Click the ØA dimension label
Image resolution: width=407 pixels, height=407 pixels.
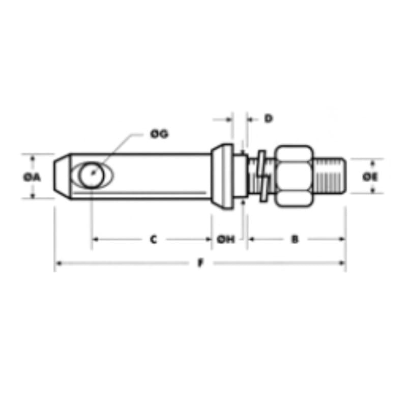tap(32, 177)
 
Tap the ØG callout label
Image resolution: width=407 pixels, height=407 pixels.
tap(159, 134)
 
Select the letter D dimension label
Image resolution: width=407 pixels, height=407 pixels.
tap(269, 119)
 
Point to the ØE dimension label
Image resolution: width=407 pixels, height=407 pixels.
tap(370, 177)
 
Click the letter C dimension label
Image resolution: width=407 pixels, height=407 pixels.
tap(154, 239)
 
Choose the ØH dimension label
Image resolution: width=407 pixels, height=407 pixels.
tap(225, 239)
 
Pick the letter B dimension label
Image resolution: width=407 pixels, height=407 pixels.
tap(295, 239)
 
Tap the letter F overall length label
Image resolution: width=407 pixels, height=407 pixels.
tap(200, 263)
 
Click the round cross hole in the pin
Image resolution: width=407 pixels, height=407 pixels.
tap(92, 175)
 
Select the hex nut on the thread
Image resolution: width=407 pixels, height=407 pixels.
tap(294, 176)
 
